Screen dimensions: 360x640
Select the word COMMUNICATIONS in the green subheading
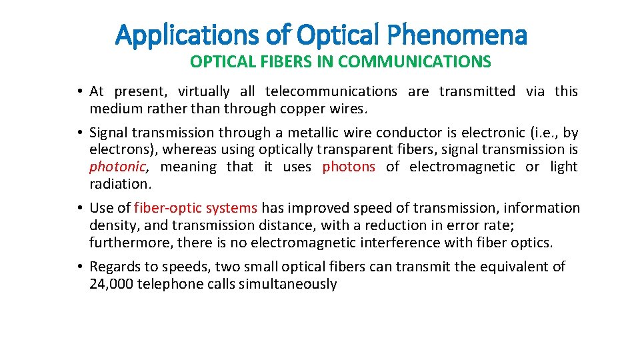click(414, 62)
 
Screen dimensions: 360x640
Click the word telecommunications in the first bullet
click(331, 91)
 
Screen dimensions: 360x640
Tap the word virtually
click(203, 91)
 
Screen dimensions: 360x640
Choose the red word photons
click(349, 167)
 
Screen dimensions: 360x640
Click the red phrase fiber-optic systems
click(195, 208)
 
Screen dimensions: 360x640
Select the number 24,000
click(111, 284)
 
